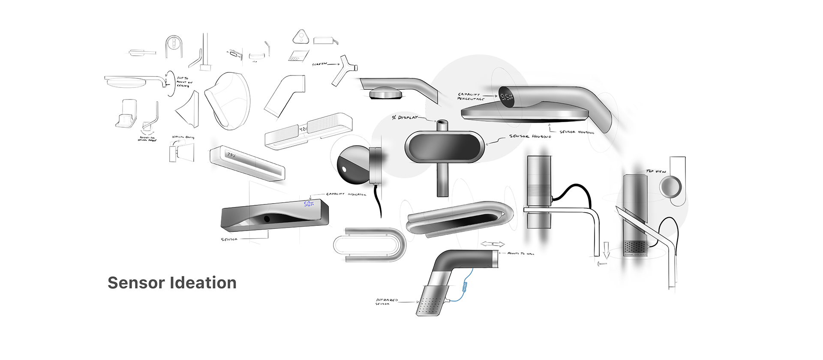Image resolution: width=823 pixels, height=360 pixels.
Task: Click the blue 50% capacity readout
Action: [x=309, y=204]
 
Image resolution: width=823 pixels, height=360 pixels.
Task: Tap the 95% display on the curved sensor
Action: [x=506, y=97]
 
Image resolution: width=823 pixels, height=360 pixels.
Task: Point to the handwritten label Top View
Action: [x=656, y=171]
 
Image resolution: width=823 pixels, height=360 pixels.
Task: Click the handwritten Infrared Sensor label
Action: [x=387, y=302]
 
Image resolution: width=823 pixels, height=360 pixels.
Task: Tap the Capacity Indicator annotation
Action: [x=346, y=195]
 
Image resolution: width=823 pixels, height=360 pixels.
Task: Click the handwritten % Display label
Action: [x=404, y=117]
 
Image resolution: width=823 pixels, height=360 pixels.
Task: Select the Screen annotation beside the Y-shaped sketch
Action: [x=319, y=64]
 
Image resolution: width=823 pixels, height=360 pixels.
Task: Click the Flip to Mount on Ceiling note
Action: [x=184, y=82]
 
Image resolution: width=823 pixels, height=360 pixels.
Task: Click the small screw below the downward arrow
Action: [x=602, y=264]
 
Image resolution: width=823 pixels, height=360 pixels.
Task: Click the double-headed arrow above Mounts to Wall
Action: [x=493, y=244]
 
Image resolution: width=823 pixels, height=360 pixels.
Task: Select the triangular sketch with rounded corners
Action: [x=301, y=37]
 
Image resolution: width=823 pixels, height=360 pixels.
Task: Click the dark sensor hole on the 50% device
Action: [x=267, y=219]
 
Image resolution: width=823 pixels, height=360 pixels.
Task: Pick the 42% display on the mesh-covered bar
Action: [x=303, y=129]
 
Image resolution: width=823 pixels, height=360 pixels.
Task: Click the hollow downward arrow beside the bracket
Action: [x=606, y=250]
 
